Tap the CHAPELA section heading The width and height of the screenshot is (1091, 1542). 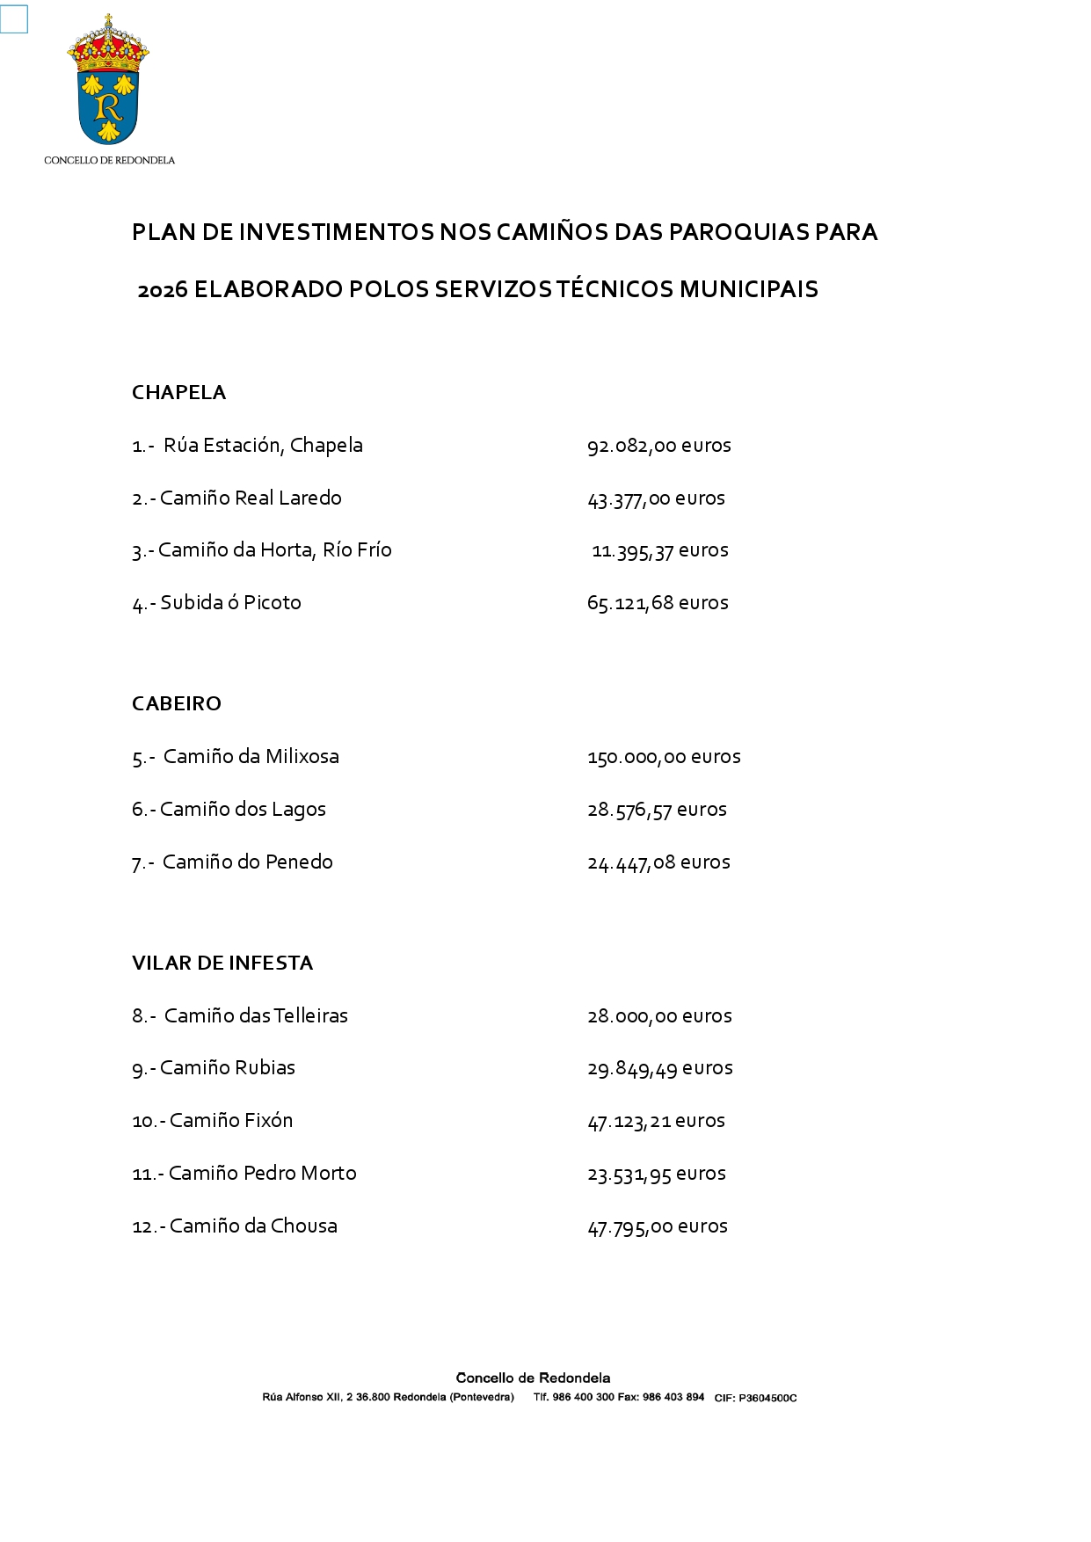click(x=178, y=392)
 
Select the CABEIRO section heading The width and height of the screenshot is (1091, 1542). click(x=177, y=703)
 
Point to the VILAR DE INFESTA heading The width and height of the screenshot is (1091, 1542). click(x=222, y=963)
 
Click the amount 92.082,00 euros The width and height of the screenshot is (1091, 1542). click(x=658, y=446)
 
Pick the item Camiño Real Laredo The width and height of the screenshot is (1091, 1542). click(x=250, y=498)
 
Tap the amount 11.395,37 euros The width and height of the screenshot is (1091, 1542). click(x=659, y=550)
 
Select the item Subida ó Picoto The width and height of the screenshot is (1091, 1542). click(x=230, y=603)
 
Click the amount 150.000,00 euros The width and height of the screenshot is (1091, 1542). click(x=664, y=757)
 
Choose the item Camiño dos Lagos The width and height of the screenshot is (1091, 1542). click(x=243, y=810)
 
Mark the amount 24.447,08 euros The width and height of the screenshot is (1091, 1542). click(x=658, y=862)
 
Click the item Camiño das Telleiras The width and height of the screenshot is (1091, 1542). click(x=256, y=1016)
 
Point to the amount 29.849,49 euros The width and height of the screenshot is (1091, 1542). click(x=659, y=1068)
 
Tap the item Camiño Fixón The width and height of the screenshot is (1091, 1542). click(x=230, y=1121)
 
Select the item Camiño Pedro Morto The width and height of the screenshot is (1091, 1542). click(x=262, y=1174)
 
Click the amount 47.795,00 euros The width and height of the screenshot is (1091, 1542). click(x=658, y=1226)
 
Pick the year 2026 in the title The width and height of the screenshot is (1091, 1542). click(x=163, y=290)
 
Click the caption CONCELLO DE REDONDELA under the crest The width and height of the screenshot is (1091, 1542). click(x=109, y=160)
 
